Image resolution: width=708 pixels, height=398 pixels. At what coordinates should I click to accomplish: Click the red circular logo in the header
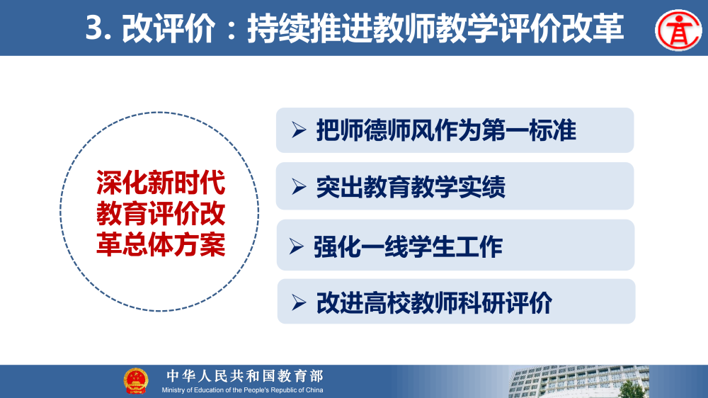[x=678, y=29]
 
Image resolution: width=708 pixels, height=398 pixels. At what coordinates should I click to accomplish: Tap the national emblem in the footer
[x=136, y=381]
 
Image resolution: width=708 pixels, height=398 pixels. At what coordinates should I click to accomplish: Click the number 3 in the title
[x=94, y=30]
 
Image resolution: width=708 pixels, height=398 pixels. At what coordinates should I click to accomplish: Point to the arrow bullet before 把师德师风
[x=298, y=130]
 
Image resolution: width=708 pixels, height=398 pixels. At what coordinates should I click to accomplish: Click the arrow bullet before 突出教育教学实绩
[x=298, y=186]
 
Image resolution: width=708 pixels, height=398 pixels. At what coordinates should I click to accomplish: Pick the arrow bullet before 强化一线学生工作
[x=296, y=246]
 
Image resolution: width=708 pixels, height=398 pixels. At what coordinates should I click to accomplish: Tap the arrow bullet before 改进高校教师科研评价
[x=298, y=302]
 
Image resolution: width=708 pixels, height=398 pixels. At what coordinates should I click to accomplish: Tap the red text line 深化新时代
[x=161, y=184]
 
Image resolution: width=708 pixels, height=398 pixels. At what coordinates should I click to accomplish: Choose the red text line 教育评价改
[x=161, y=214]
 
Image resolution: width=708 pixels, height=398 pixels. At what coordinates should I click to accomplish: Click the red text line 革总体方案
[x=161, y=244]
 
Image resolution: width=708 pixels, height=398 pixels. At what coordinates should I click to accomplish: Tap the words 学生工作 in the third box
[x=456, y=246]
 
